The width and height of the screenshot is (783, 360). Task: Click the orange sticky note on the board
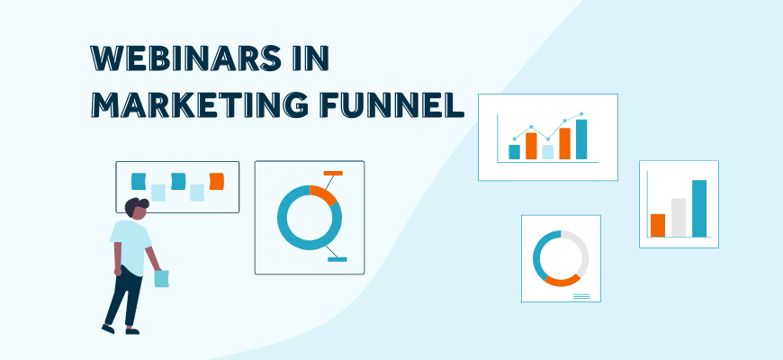pyautogui.click(x=216, y=181)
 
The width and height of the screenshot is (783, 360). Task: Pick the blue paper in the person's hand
pyautogui.click(x=162, y=278)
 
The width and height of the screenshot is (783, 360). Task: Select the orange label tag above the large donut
pyautogui.click(x=333, y=172)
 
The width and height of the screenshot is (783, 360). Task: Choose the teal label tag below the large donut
pyautogui.click(x=337, y=260)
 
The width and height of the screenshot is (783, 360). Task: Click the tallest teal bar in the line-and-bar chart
pyautogui.click(x=581, y=139)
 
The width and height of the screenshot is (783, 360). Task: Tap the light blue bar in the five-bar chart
pyautogui.click(x=548, y=151)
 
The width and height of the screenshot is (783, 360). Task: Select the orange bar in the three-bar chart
pyautogui.click(x=658, y=225)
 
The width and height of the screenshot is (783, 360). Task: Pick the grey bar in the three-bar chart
pyautogui.click(x=679, y=217)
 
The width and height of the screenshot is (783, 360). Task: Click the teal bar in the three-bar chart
pyautogui.click(x=699, y=208)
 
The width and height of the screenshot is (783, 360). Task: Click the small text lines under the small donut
pyautogui.click(x=581, y=295)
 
